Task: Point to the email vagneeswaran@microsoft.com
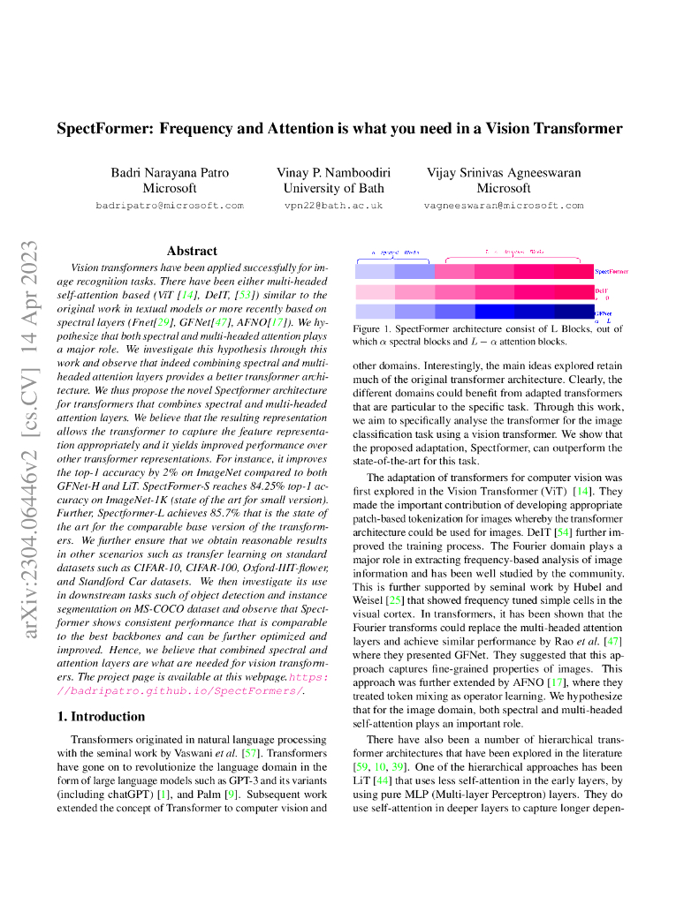(x=504, y=205)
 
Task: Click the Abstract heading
(x=192, y=251)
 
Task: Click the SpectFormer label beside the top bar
(x=612, y=272)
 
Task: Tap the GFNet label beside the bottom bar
(x=602, y=313)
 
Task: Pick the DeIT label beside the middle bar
(x=601, y=290)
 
